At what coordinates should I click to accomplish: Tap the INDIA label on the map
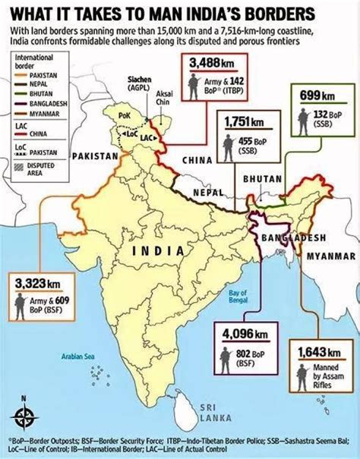[x=158, y=251]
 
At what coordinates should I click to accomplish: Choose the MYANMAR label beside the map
[x=330, y=257]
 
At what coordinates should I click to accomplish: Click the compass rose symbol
[x=24, y=416]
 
